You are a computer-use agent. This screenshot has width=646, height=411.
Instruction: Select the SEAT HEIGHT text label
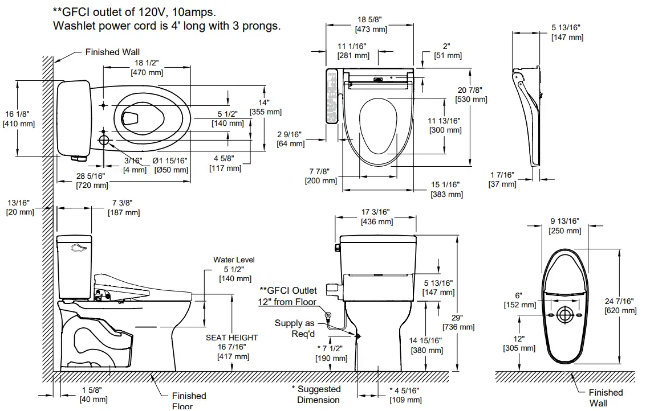[x=231, y=338]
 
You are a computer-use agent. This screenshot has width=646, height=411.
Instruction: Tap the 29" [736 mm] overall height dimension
[x=458, y=322]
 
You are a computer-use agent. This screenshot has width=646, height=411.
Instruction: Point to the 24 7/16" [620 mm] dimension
[x=620, y=306]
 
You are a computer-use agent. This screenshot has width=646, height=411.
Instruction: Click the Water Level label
[x=234, y=260]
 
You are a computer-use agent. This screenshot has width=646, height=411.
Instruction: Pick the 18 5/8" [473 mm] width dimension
[x=370, y=24]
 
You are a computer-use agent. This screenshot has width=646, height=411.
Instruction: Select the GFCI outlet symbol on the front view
[x=328, y=315]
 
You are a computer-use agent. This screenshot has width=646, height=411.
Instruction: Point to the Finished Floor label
[x=189, y=400]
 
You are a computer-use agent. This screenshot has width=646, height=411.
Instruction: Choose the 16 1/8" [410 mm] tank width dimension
[x=19, y=118]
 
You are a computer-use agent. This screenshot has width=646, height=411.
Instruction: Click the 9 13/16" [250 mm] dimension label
[x=564, y=226]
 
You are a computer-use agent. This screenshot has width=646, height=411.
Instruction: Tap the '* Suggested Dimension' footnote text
[x=319, y=394]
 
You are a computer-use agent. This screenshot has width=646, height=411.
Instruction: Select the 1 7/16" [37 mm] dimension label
[x=502, y=179]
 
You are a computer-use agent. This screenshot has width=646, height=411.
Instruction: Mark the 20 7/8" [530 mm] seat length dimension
[x=471, y=94]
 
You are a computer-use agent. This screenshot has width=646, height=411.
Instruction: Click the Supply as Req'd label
[x=296, y=328]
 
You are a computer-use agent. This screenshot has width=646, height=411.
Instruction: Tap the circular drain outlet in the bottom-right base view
[x=564, y=315]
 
